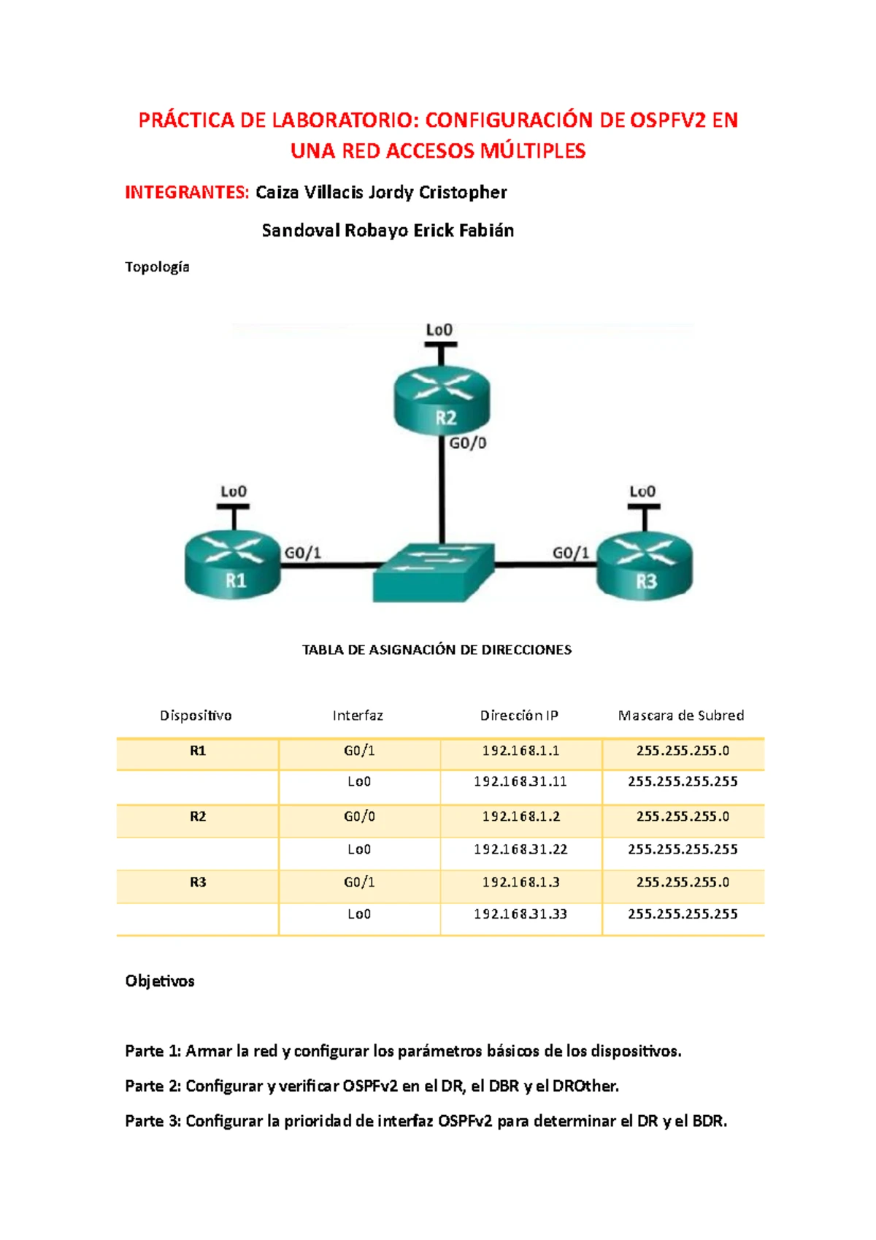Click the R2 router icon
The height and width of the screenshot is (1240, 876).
pyautogui.click(x=442, y=400)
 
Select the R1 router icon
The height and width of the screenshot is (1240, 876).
pyautogui.click(x=233, y=564)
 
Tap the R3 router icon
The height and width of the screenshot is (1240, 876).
pyautogui.click(x=645, y=564)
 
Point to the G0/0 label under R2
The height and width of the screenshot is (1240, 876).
pyautogui.click(x=467, y=443)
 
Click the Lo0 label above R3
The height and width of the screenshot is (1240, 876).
pyautogui.click(x=642, y=491)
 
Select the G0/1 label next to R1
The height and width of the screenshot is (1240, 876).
pyautogui.click(x=303, y=553)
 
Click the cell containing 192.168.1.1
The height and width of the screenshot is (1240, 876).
pyautogui.click(x=520, y=751)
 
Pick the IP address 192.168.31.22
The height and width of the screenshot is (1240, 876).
pyautogui.click(x=520, y=849)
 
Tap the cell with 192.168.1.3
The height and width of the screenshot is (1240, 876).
pyautogui.click(x=520, y=882)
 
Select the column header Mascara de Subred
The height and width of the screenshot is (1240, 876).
pyautogui.click(x=681, y=716)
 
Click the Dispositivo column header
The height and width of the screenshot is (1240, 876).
pyautogui.click(x=196, y=716)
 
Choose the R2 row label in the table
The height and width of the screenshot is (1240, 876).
pyautogui.click(x=198, y=816)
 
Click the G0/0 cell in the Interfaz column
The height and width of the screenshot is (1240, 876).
pyautogui.click(x=359, y=816)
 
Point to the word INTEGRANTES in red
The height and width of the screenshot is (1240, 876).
pyautogui.click(x=187, y=192)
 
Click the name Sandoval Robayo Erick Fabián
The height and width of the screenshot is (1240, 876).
pyautogui.click(x=388, y=231)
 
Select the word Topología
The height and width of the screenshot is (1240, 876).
pyautogui.click(x=157, y=267)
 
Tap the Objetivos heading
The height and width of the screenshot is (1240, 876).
pyautogui.click(x=160, y=981)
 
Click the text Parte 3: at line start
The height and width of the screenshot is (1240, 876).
pyautogui.click(x=153, y=1121)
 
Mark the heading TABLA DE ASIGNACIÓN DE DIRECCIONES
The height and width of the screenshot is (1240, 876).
pyautogui.click(x=437, y=650)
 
